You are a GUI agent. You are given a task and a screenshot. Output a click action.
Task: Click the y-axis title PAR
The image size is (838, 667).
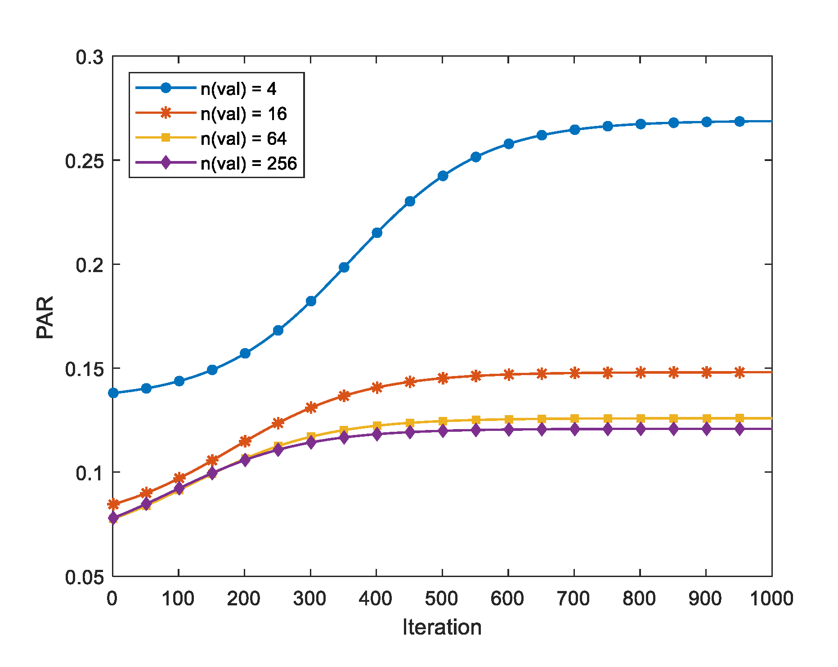(45, 317)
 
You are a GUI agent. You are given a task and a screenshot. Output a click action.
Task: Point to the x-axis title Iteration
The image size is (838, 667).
(442, 627)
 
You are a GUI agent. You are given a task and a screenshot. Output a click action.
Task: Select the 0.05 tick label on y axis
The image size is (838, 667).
(84, 577)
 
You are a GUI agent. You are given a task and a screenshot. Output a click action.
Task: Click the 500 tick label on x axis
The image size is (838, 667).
(442, 599)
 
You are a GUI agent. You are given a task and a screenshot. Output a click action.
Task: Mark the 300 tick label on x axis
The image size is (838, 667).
(310, 599)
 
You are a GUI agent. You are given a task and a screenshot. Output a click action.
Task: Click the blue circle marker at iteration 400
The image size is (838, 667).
(377, 233)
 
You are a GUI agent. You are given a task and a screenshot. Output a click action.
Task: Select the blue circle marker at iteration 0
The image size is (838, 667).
(113, 393)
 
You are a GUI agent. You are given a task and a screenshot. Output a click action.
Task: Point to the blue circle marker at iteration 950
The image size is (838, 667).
(739, 121)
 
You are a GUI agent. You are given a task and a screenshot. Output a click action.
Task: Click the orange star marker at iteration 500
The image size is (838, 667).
(443, 378)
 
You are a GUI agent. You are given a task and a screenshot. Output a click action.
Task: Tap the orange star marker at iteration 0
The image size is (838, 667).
(113, 504)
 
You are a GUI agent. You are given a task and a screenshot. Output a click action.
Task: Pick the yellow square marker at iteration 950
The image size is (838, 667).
(739, 418)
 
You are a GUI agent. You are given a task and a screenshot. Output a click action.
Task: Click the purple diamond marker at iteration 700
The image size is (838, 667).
(575, 429)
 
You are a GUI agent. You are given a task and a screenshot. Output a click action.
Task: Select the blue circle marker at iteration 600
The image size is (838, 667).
(509, 144)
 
